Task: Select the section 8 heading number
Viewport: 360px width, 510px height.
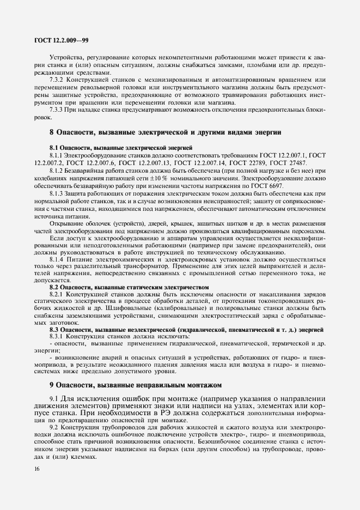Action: [51, 132]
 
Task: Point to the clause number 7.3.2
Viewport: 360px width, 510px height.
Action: [57, 81]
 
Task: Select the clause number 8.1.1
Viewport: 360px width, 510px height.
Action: [57, 156]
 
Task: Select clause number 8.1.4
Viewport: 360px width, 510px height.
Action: [57, 260]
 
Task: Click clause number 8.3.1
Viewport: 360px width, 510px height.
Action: [57, 337]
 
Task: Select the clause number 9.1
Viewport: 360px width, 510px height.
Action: [54, 398]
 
